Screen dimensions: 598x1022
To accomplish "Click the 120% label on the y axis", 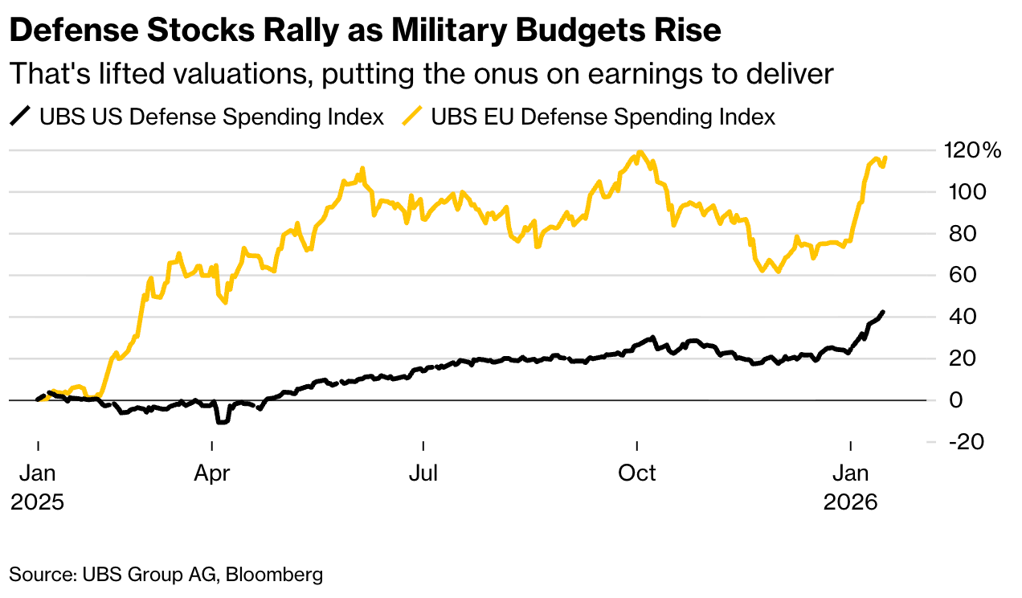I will tap(971, 150).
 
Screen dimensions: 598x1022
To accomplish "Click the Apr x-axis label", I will tap(212, 473).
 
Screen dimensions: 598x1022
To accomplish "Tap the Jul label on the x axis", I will tap(423, 473).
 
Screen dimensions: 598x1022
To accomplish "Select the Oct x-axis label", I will tap(636, 473).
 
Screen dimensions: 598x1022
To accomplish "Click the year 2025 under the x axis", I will tap(37, 502).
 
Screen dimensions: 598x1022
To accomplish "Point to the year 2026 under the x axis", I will tap(851, 502).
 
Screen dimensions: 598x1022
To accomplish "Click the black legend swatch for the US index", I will tap(19, 117).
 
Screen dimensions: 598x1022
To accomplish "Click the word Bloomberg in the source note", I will tap(274, 574).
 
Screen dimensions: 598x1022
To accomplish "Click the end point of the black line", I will tap(884, 312).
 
